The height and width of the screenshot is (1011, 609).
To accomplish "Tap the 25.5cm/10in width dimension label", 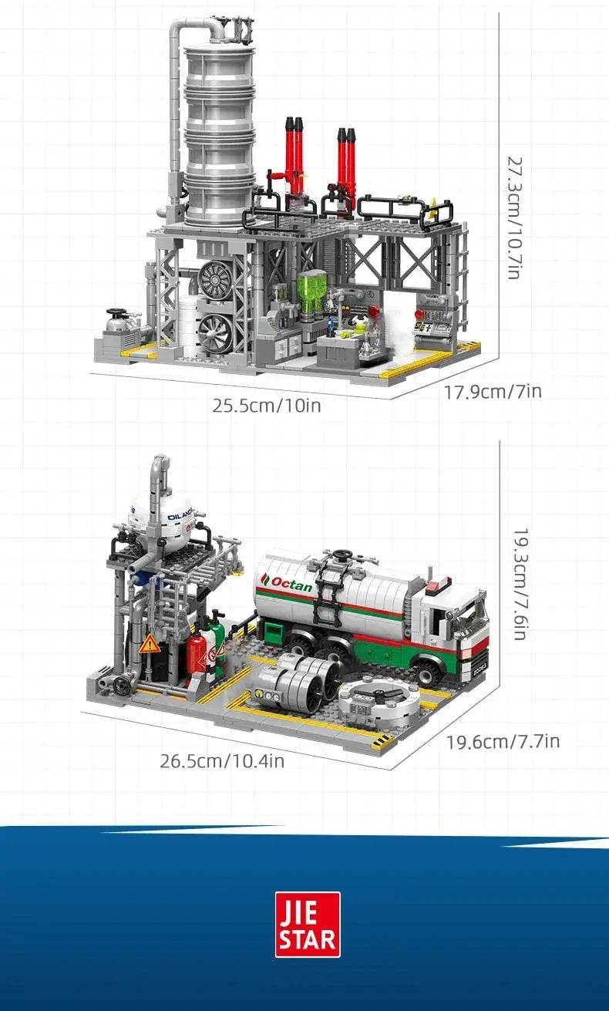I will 267,405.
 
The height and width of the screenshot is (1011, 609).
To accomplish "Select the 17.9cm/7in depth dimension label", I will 493,392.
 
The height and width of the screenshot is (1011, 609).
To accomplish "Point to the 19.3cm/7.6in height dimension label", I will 520,584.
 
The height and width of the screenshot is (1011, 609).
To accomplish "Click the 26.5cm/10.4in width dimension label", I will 222,761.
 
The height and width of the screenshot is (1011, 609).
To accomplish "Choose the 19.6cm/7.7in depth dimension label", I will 503,742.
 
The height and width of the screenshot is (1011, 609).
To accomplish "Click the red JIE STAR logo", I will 308,925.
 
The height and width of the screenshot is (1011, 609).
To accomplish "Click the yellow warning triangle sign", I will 149,644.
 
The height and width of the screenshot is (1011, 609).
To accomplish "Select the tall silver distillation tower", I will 219,135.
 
